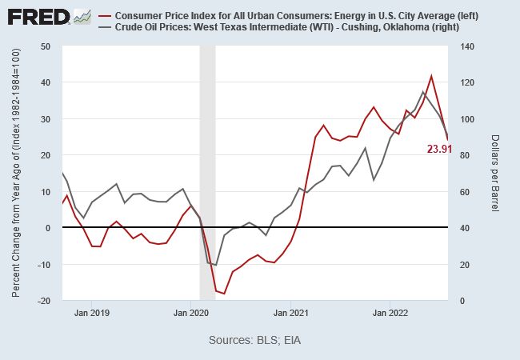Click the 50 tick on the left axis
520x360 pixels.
tap(46, 46)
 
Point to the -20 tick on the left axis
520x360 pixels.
tap(43, 301)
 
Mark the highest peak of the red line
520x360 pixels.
tap(431, 76)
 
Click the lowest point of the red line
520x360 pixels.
tap(224, 294)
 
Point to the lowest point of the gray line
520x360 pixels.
tap(216, 265)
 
